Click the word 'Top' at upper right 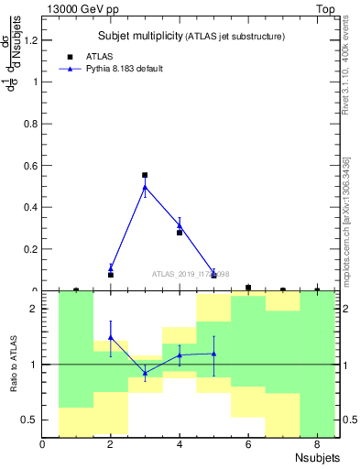(x=324, y=9)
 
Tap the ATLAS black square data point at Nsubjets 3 (x=145, y=175)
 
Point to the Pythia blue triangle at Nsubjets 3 (x=145, y=187)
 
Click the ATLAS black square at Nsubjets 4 (x=180, y=233)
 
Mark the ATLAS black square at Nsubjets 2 (x=111, y=275)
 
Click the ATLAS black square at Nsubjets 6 (x=248, y=288)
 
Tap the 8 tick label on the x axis (x=316, y=445)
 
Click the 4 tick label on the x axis (x=180, y=445)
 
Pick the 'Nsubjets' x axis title (x=317, y=457)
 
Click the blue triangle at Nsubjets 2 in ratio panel (x=111, y=337)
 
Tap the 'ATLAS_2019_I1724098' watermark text (x=191, y=274)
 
